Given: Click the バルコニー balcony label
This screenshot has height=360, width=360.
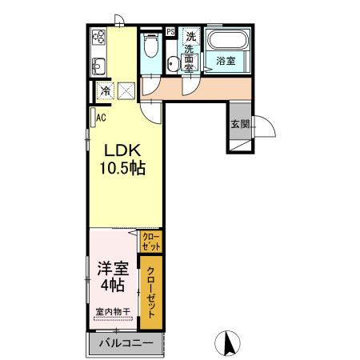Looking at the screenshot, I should coord(125,343).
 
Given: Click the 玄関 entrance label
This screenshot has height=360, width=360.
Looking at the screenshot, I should coord(240,124).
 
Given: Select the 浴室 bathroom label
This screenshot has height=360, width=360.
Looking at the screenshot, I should coord(225,61).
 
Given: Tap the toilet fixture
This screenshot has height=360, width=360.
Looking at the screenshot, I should coord(150,46).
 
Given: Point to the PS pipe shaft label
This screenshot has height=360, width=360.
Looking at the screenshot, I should coord(171,32).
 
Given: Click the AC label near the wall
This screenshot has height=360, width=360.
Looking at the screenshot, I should coord(101,118).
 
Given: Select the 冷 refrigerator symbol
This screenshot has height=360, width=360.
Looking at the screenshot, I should coord(105,91).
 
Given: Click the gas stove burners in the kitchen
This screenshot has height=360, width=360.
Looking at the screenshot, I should coord(100,37).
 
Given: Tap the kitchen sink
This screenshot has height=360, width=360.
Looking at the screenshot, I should coord(99,66).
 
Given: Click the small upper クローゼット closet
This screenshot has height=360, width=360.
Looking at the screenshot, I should coord(150,242).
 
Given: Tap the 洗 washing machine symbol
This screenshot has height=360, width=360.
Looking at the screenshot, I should coord(191,36).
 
